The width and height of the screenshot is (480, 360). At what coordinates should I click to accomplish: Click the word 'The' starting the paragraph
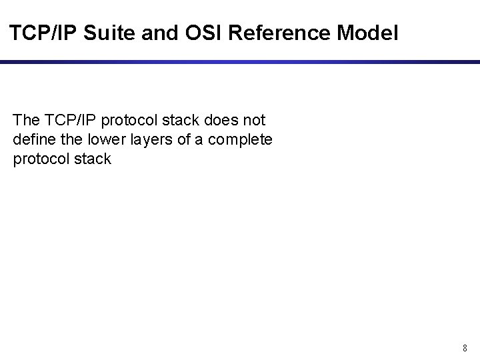coord(25,120)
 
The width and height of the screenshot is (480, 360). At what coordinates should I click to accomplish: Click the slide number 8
coord(465,348)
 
